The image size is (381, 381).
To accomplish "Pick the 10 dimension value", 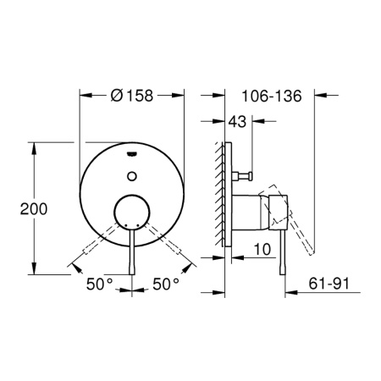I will (x=262, y=250).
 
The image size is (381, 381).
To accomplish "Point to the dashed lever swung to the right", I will (x=169, y=246).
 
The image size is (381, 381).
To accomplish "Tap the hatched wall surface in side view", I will (x=222, y=203).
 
